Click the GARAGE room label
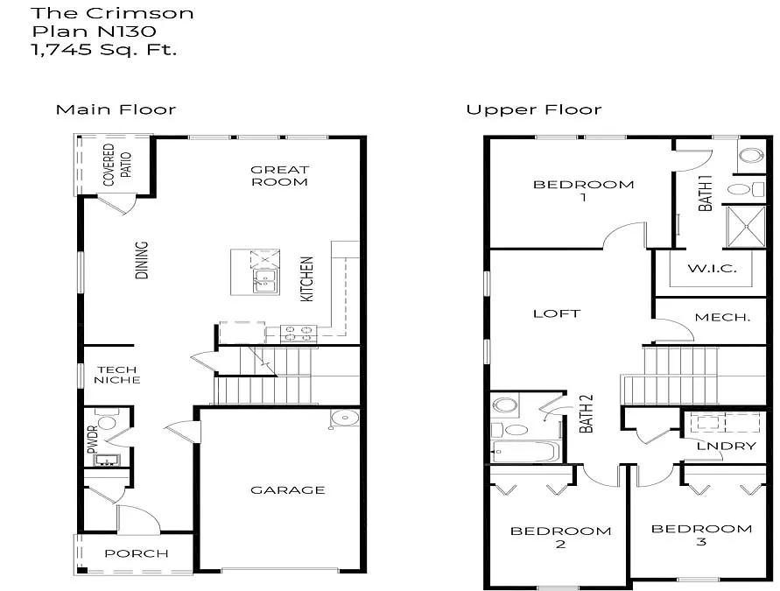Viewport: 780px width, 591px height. tap(288, 490)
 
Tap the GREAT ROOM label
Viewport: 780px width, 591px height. tap(279, 176)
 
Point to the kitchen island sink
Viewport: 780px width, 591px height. tap(264, 280)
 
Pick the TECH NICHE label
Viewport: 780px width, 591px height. tap(118, 375)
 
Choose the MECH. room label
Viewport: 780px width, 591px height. tap(722, 317)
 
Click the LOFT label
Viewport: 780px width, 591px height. tap(557, 313)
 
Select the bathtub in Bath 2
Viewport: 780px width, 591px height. tap(525, 452)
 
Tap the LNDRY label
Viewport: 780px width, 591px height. tap(726, 447)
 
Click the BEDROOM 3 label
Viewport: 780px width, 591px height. tap(702, 535)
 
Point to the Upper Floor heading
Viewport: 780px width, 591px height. tap(533, 109)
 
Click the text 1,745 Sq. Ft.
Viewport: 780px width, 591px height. tap(104, 50)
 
